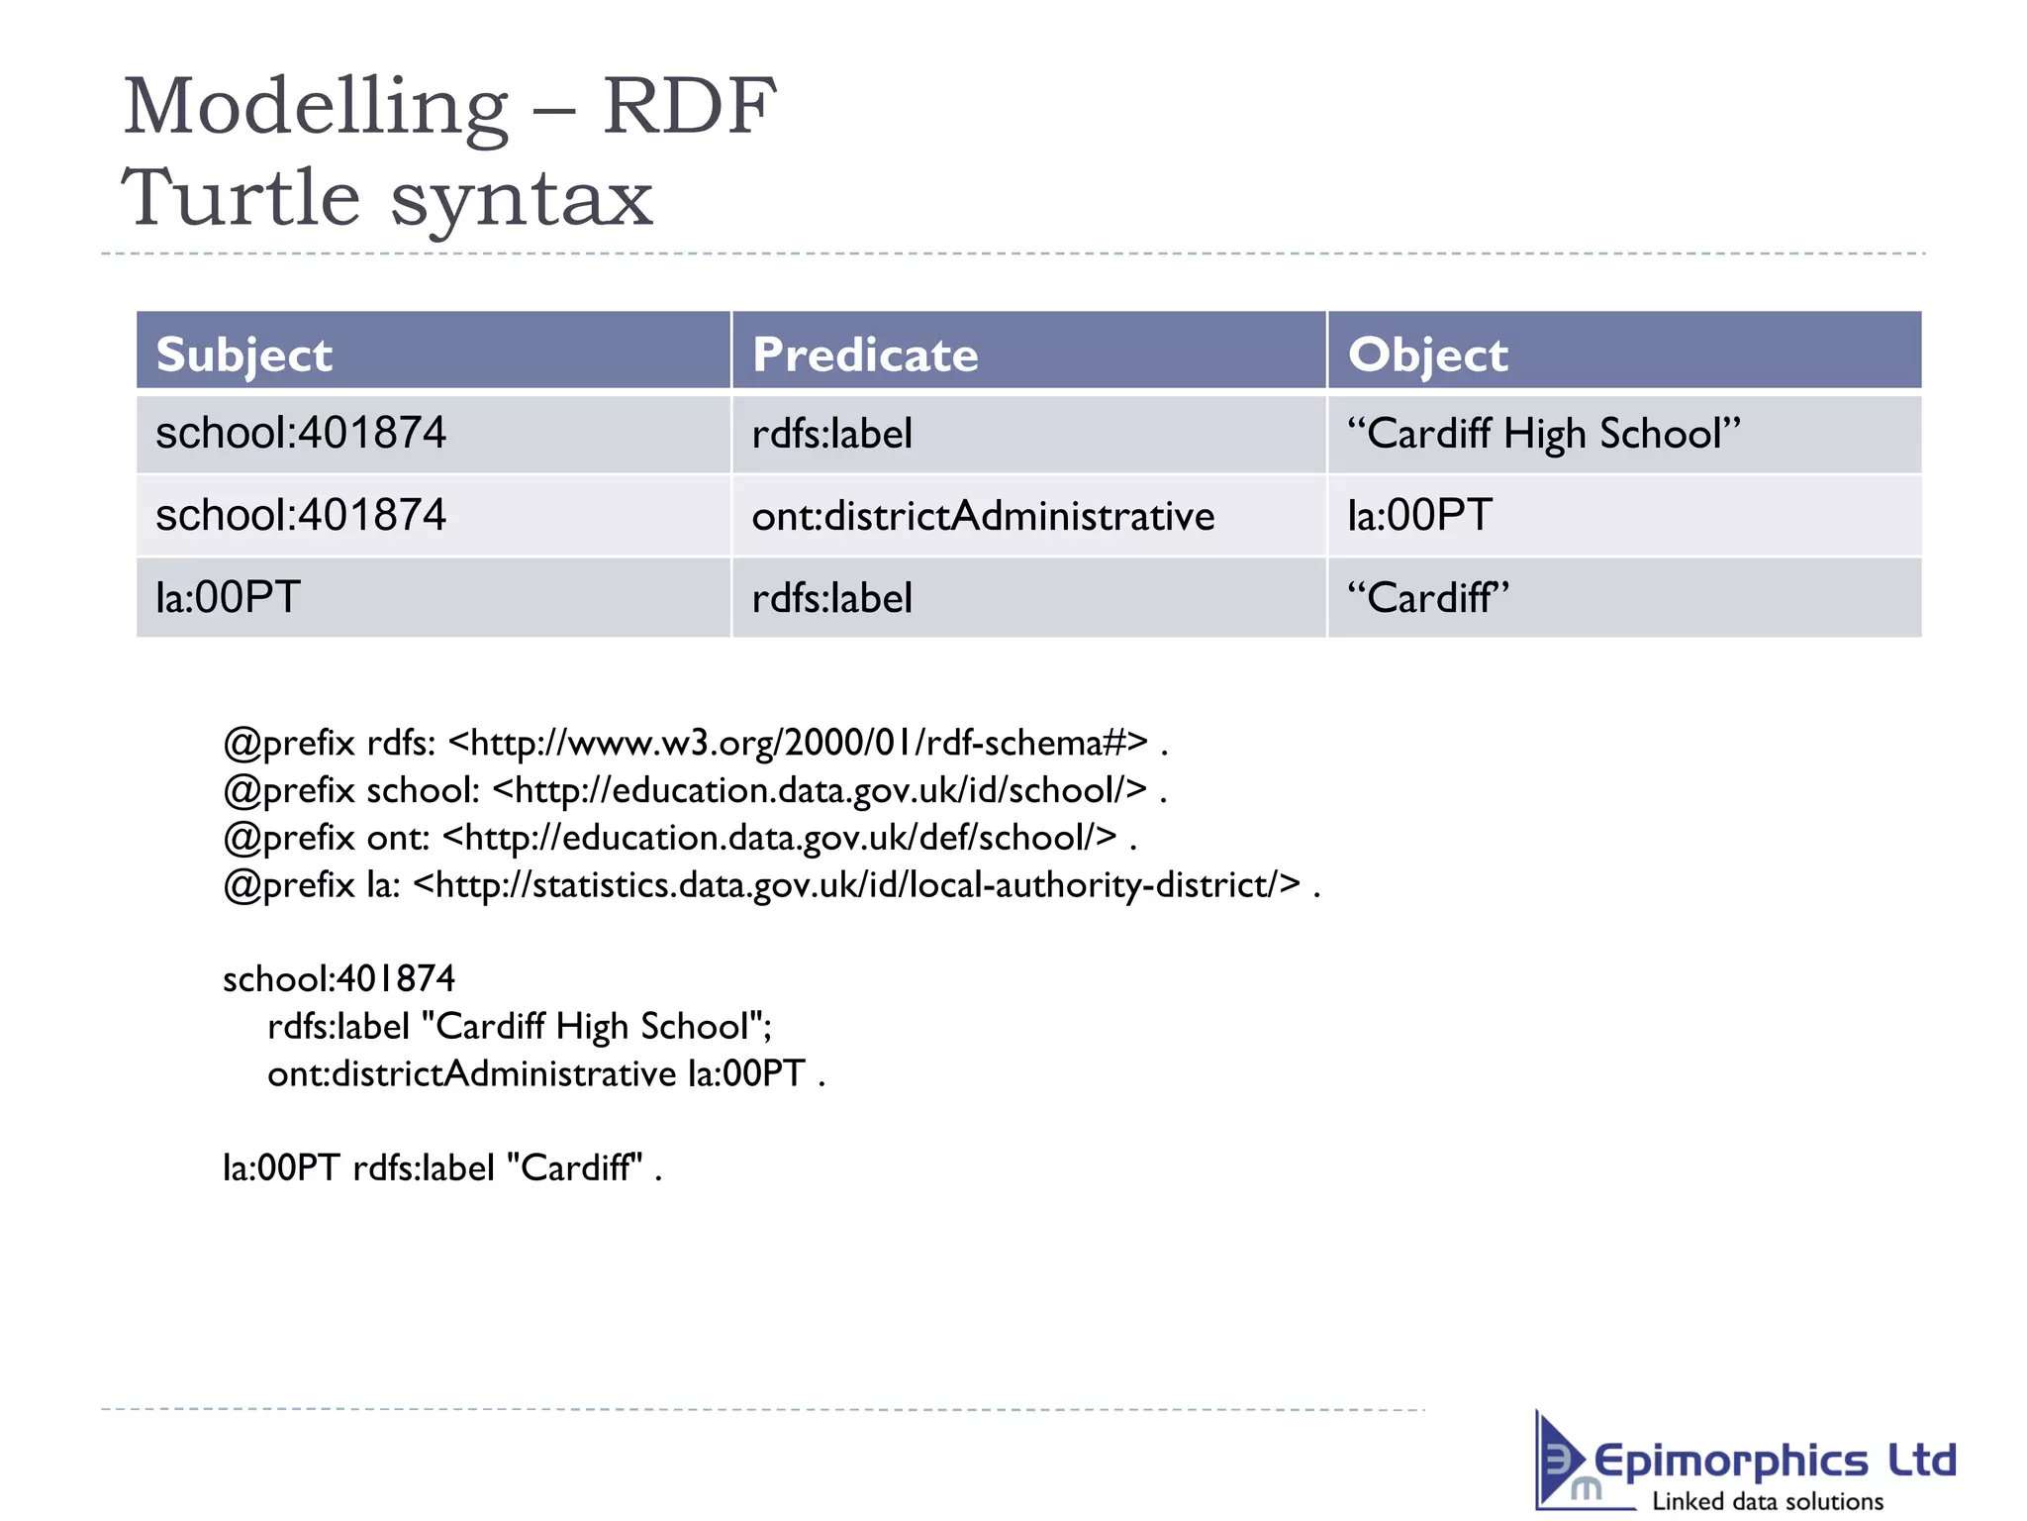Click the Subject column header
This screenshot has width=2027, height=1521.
(x=243, y=355)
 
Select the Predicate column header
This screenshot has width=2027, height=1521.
(x=865, y=355)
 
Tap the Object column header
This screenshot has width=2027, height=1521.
(x=1427, y=355)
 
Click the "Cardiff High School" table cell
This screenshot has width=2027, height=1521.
(x=1543, y=434)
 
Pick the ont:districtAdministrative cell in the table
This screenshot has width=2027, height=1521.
(x=983, y=516)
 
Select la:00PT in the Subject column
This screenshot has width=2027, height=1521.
(x=228, y=597)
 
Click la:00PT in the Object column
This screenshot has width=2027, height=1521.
(x=1419, y=516)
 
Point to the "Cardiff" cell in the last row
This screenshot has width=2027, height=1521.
(x=1428, y=597)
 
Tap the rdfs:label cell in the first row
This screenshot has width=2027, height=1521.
(x=831, y=434)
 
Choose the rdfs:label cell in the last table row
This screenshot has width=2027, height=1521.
(x=831, y=598)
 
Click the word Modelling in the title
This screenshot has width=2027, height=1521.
(x=315, y=107)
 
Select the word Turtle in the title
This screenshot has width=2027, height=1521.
(x=241, y=198)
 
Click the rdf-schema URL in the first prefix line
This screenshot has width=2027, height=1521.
(x=798, y=742)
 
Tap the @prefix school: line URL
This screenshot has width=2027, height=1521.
(x=820, y=789)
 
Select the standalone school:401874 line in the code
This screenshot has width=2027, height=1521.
(x=338, y=978)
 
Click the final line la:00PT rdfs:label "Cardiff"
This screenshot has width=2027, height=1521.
(x=441, y=1167)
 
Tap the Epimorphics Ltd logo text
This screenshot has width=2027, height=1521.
(x=1774, y=1461)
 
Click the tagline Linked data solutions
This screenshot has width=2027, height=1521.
(x=1768, y=1501)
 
